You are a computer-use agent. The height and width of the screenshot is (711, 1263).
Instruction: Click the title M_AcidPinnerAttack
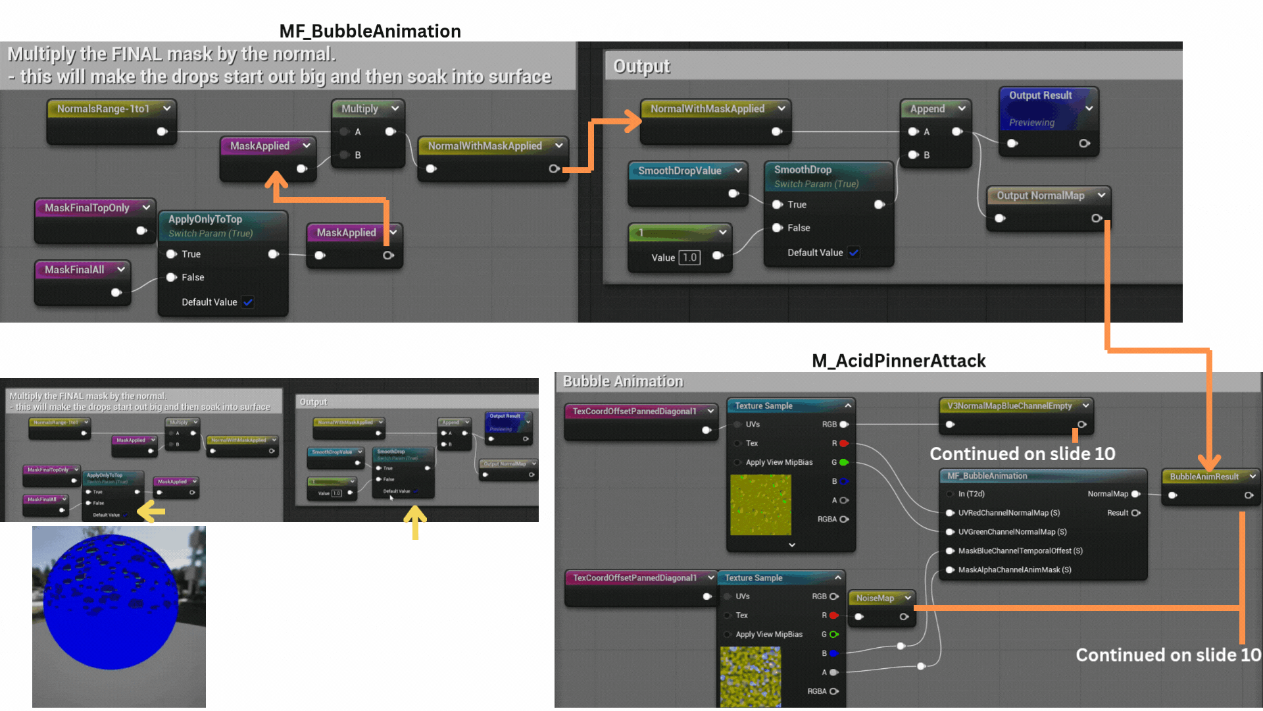coord(899,361)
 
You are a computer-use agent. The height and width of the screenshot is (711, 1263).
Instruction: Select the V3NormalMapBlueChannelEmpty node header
coord(1009,406)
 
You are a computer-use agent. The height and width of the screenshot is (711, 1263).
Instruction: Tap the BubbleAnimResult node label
coord(1204,477)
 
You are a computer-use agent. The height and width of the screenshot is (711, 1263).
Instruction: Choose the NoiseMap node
coord(875,598)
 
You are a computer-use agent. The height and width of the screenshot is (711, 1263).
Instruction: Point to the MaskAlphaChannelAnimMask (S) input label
coord(1014,570)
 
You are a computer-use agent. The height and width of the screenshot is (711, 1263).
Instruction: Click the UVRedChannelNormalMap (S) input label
coord(1009,513)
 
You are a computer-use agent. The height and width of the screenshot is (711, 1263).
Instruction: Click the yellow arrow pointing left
coord(151,511)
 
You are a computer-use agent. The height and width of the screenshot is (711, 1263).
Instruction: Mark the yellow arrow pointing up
coord(415,521)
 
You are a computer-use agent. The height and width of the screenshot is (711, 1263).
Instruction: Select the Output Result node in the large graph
coord(1041,96)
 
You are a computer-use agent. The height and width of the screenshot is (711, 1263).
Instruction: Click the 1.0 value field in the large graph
coord(689,257)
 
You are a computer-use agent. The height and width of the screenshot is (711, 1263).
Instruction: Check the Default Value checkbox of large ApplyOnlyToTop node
coord(248,302)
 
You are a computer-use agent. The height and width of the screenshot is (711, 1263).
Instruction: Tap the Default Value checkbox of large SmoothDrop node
coord(854,253)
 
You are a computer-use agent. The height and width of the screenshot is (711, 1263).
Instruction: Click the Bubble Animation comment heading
coord(623,382)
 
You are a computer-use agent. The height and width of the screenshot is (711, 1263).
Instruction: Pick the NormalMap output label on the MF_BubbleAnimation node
coord(1108,494)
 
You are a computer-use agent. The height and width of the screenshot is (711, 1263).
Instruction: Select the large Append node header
coord(928,109)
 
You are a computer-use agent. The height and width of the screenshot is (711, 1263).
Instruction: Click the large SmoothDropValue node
coord(680,171)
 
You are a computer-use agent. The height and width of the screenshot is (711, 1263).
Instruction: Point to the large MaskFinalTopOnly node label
coord(87,208)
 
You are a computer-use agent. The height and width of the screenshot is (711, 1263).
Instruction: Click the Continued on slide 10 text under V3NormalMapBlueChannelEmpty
coord(1022,454)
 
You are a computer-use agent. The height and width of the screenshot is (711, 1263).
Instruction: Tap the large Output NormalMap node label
coord(1040,196)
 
